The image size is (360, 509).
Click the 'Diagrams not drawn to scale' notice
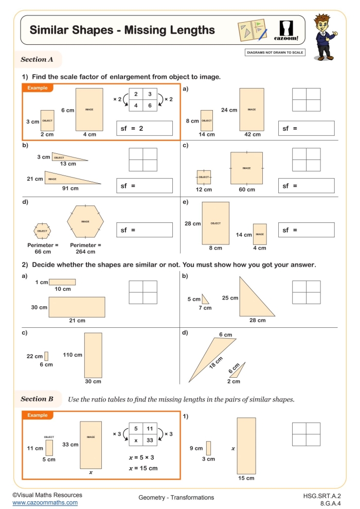pyautogui.click(x=275, y=52)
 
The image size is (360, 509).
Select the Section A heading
pyautogui.click(x=37, y=59)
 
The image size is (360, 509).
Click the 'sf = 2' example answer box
pyautogui.click(x=145, y=128)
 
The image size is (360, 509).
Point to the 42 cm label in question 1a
pyautogui.click(x=252, y=135)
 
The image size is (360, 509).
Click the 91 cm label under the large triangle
pyautogui.click(x=70, y=188)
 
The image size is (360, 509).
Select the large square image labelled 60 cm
pyautogui.click(x=246, y=168)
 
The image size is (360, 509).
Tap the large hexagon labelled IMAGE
pyautogui.click(x=85, y=221)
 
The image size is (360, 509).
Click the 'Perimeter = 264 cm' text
pyautogui.click(x=85, y=249)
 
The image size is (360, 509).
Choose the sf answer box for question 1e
pyautogui.click(x=306, y=230)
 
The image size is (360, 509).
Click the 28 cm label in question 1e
pyautogui.click(x=192, y=223)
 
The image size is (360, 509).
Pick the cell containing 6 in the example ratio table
pyautogui.click(x=150, y=105)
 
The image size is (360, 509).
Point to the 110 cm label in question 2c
pyautogui.click(x=72, y=355)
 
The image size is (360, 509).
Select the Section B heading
pyautogui.click(x=37, y=399)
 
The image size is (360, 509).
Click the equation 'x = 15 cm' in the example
pyautogui.click(x=142, y=468)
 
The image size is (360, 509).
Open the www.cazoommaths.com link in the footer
pyautogui.click(x=45, y=502)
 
